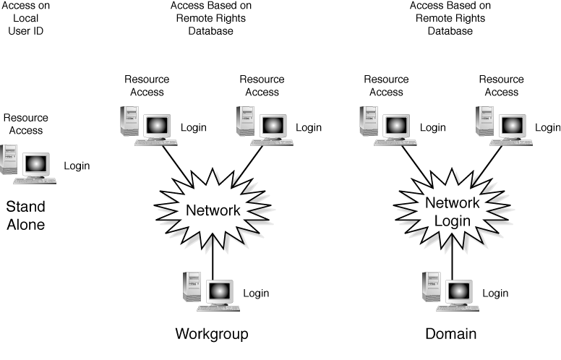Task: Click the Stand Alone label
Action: click(26, 216)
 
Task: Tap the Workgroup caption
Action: click(212, 334)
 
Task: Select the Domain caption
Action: click(451, 334)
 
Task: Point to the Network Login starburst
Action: click(453, 212)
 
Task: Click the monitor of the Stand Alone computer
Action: click(35, 165)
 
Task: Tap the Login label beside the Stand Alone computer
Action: click(77, 166)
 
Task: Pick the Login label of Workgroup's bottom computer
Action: click(256, 293)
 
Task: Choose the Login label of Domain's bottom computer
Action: click(495, 293)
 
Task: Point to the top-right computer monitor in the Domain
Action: click(510, 126)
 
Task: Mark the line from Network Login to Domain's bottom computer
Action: click(453, 255)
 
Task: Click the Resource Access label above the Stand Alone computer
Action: click(26, 124)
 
